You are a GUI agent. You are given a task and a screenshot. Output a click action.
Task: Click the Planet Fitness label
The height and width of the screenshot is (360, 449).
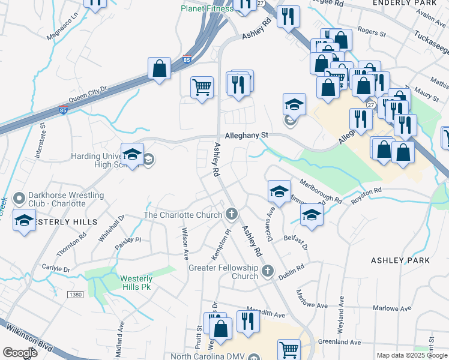tap(208, 8)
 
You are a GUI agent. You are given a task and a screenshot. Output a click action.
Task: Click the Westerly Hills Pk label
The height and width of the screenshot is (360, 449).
tap(136, 283)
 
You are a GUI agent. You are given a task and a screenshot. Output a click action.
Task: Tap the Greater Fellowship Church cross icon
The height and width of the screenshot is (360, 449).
tap(268, 272)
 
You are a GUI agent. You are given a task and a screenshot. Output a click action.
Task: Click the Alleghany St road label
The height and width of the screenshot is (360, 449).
tap(246, 136)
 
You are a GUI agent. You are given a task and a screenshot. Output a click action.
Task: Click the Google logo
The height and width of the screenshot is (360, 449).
tap(20, 353)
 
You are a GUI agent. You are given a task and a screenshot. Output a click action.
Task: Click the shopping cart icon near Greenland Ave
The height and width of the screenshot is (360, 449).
tap(289, 349)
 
